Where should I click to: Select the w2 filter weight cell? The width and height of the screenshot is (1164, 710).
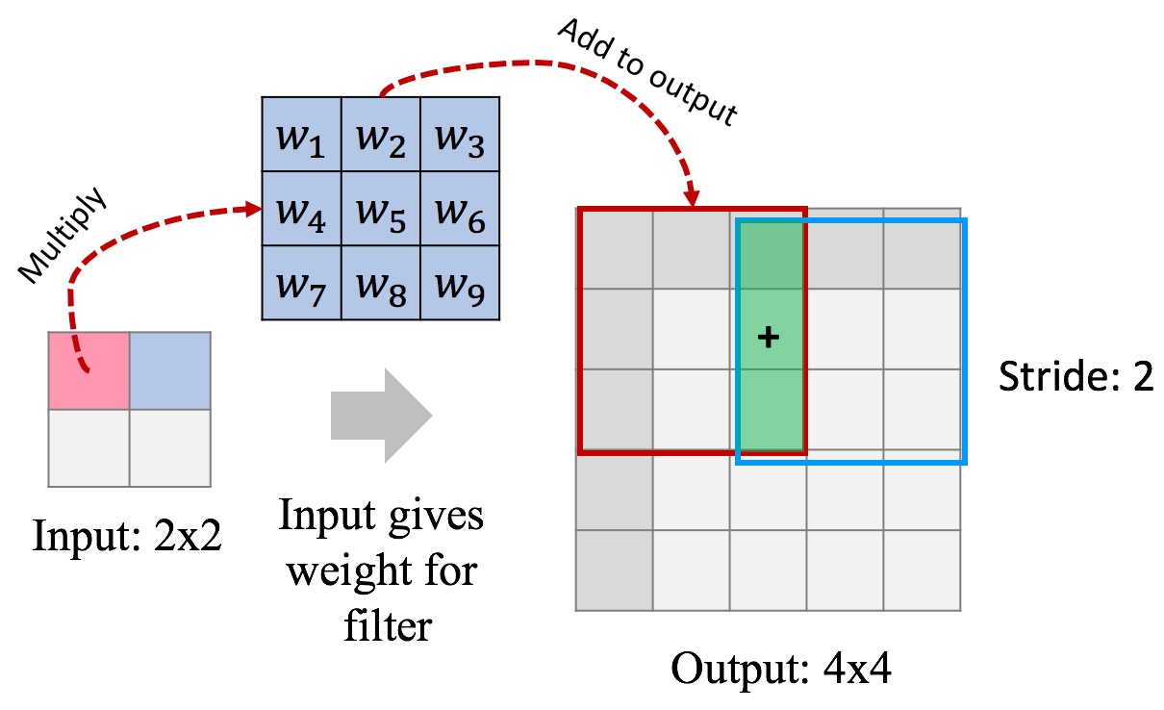point(381,136)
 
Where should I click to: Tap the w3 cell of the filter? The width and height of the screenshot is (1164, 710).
point(460,136)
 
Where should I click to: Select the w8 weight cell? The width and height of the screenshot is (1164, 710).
point(381,284)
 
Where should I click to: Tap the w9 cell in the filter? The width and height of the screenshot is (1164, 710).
point(460,284)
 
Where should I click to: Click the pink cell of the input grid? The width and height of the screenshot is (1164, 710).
point(89,370)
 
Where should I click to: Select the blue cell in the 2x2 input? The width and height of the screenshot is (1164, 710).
point(170,370)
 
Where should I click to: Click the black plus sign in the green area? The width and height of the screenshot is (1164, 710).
point(767,338)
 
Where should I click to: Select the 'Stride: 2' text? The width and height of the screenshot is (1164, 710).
point(1075,377)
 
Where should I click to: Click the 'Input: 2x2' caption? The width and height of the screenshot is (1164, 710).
point(127,535)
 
